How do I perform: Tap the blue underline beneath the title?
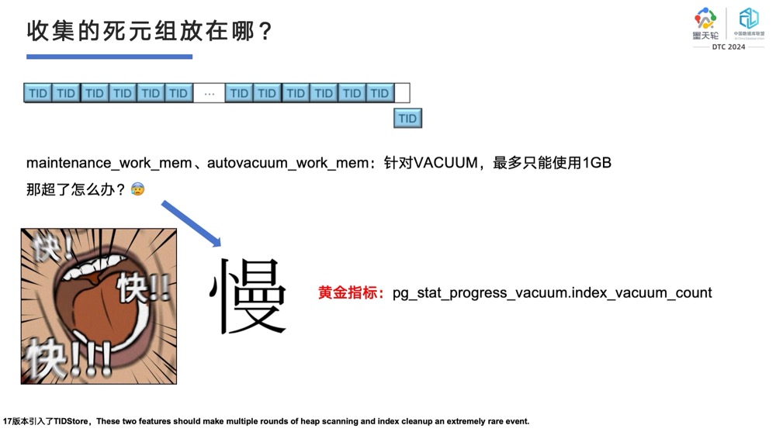coord(109,57)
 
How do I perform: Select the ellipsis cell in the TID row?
coord(209,93)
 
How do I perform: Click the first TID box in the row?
coord(38,93)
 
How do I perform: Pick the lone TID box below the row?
coord(407,119)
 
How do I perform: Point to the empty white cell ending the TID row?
coord(402,93)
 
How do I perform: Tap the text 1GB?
coord(597,164)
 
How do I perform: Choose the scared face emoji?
coord(137,188)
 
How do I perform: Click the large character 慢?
coord(248,296)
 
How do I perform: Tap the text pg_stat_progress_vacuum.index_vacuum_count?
coord(552,293)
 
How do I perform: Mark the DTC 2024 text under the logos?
coord(729,47)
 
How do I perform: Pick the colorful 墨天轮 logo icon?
coord(705,19)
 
